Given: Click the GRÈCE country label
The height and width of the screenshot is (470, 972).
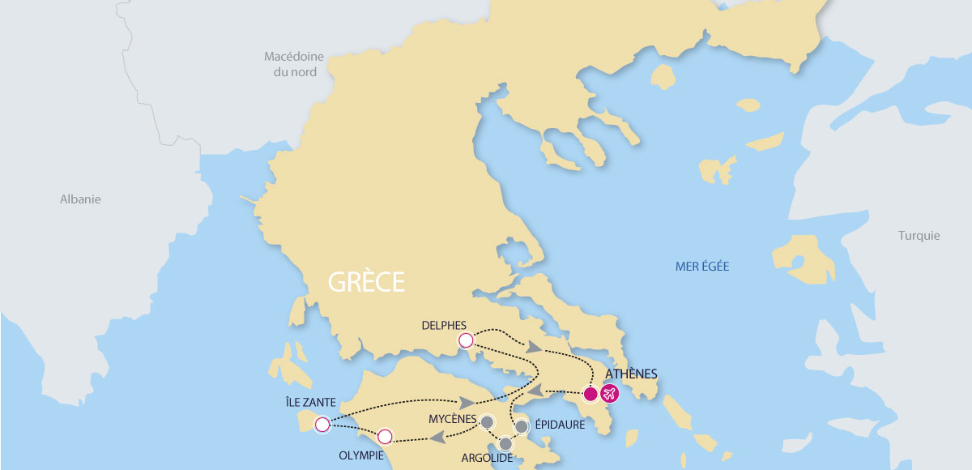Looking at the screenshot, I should (365, 282).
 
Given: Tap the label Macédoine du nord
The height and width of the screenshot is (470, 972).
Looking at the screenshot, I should (294, 64).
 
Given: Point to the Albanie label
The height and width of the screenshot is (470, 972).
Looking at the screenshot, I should (80, 199).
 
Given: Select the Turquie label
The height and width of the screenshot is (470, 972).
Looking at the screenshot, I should (919, 236).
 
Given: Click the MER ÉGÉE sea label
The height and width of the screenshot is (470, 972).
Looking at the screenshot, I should (702, 266).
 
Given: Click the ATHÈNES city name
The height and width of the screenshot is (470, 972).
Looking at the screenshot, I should (631, 374).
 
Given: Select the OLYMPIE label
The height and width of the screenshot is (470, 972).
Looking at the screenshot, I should (360, 455).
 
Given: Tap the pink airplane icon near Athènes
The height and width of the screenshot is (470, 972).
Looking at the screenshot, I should (609, 394).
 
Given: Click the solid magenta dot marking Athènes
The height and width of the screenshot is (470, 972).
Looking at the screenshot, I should (590, 395).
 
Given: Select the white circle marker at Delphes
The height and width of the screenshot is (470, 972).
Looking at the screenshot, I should (465, 340).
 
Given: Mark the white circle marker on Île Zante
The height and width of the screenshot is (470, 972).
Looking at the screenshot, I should (322, 424).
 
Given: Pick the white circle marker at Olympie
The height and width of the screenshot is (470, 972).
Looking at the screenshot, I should (385, 437).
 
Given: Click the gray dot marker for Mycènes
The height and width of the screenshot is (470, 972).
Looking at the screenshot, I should (487, 421).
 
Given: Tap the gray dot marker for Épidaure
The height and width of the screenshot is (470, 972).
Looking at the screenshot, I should (522, 426).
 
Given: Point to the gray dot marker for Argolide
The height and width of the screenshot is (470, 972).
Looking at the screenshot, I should (506, 443).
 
